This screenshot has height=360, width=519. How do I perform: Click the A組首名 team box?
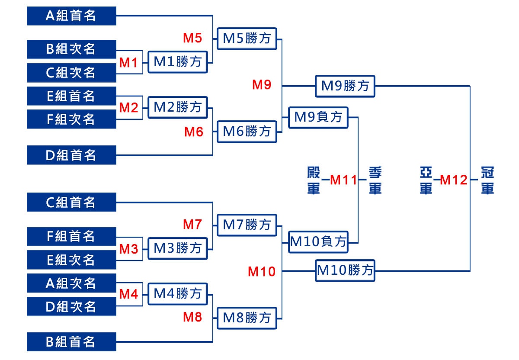pyautogui.click(x=71, y=16)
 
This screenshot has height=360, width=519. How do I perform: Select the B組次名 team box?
pyautogui.click(x=71, y=49)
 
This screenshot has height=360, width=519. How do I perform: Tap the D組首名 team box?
pyautogui.click(x=71, y=155)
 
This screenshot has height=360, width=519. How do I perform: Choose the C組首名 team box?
pyautogui.click(x=71, y=202)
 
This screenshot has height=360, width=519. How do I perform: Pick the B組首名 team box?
pyautogui.click(x=71, y=342)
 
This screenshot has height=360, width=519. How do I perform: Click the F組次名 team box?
pyautogui.click(x=71, y=119)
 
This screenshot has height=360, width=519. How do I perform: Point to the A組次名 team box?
pyautogui.click(x=71, y=283)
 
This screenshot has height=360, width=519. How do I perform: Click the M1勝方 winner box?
pyautogui.click(x=178, y=62)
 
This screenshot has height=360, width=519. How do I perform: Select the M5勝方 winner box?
pyautogui.click(x=247, y=39)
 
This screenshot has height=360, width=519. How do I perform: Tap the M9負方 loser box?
pyautogui.click(x=318, y=117)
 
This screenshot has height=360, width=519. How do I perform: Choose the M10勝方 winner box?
pyautogui.click(x=345, y=271)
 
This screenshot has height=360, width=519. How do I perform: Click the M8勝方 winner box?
pyautogui.click(x=247, y=318)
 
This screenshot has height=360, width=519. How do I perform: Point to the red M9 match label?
pyautogui.click(x=262, y=85)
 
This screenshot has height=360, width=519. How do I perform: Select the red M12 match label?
pyautogui.click(x=454, y=180)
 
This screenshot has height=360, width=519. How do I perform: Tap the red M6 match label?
pyautogui.click(x=194, y=132)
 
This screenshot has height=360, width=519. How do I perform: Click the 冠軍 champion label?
pyautogui.click(x=488, y=180)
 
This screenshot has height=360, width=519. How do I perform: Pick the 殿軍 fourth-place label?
pyautogui.click(x=314, y=180)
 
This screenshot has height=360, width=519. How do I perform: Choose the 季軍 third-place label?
pyautogui.click(x=375, y=180)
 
